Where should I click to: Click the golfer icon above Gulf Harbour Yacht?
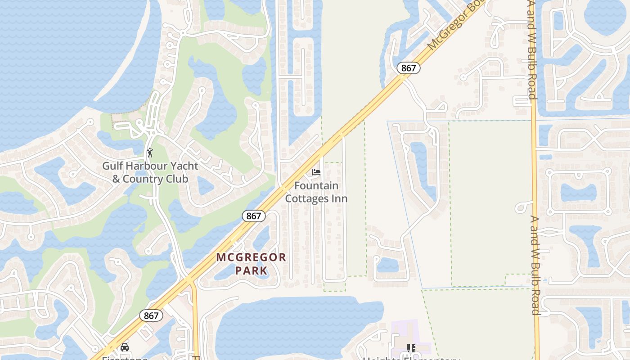(150, 153)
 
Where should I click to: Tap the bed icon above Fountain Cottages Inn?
(316, 172)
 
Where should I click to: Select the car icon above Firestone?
(125, 347)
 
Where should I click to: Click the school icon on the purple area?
(411, 348)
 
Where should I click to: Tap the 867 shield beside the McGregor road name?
(409, 68)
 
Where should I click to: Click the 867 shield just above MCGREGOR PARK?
(253, 216)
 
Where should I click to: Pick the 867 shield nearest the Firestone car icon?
(151, 315)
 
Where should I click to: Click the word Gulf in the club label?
(112, 166)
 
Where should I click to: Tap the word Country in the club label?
(144, 179)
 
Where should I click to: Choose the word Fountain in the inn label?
(316, 186)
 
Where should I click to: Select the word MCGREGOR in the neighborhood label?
(251, 258)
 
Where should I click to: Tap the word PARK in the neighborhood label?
(252, 271)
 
